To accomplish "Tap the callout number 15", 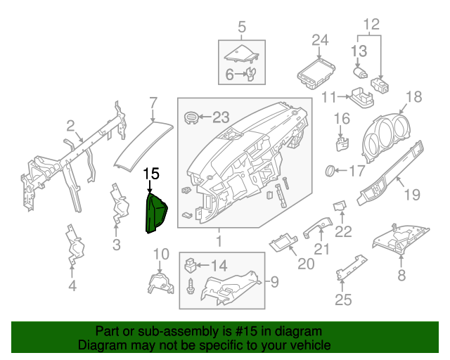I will [151, 173].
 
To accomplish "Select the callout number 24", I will [320, 39].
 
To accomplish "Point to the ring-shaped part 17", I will [329, 170].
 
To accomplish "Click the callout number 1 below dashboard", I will [217, 243].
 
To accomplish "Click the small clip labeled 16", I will [342, 142].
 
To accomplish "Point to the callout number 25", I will [342, 302].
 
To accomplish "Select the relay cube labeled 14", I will [189, 266].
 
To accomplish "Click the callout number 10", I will [161, 254].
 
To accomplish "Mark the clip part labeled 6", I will [250, 74].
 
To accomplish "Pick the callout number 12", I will [370, 27].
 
